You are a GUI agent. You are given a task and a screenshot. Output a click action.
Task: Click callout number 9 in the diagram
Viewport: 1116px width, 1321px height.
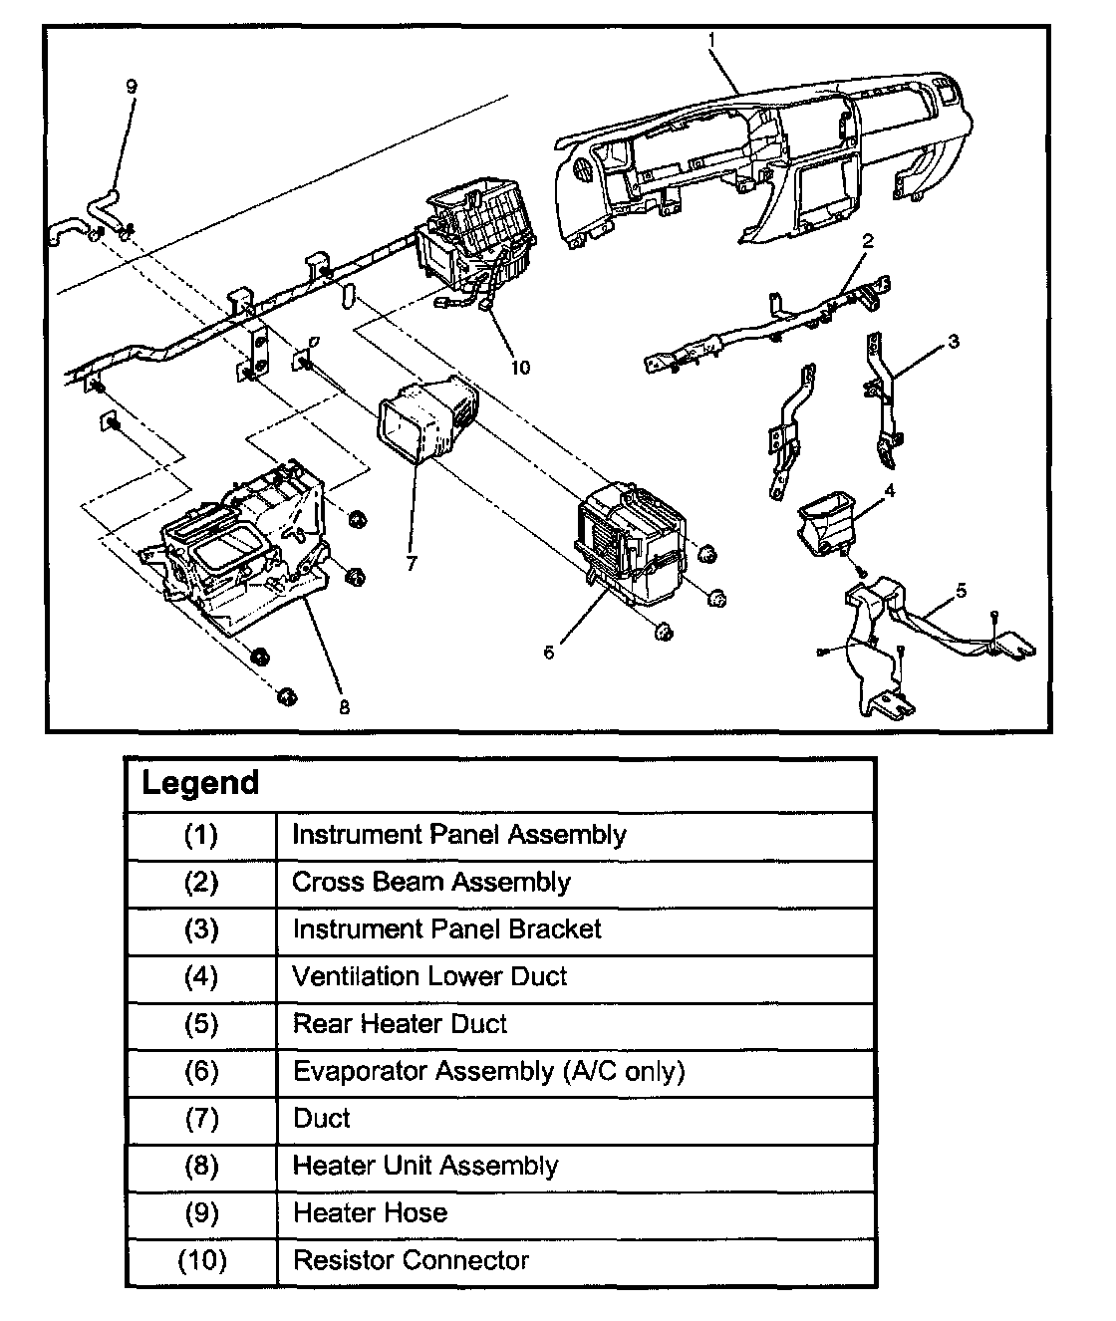point(131,86)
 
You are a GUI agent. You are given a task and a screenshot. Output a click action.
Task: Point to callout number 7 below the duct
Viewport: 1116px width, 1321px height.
point(412,563)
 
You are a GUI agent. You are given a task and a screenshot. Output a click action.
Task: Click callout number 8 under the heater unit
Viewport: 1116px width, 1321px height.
point(344,707)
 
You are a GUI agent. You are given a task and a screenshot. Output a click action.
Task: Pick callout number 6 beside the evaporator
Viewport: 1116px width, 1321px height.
point(548,653)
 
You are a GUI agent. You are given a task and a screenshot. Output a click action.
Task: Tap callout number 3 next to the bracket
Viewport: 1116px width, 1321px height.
point(954,342)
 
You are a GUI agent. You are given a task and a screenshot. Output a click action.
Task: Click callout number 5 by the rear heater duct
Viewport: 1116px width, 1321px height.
point(961,591)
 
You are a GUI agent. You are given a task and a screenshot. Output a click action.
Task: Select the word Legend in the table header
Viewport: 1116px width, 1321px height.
point(200,783)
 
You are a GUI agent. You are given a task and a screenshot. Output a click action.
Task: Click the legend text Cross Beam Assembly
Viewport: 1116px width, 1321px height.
point(430,882)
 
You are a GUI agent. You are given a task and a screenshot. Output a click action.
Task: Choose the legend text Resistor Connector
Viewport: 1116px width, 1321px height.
point(411,1260)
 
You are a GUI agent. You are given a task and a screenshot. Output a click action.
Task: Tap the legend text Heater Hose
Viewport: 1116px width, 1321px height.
point(370,1213)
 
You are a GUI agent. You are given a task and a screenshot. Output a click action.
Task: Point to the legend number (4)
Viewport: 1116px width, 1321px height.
point(201,976)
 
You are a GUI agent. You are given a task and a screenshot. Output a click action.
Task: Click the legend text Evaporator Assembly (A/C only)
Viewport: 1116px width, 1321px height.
point(488,1071)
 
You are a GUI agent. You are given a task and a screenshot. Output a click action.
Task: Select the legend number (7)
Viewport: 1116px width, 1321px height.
point(201,1119)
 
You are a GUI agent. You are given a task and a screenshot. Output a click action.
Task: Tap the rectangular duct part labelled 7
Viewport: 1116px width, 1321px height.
point(426,422)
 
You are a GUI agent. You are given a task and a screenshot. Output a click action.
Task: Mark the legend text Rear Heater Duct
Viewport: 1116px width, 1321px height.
point(400,1024)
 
